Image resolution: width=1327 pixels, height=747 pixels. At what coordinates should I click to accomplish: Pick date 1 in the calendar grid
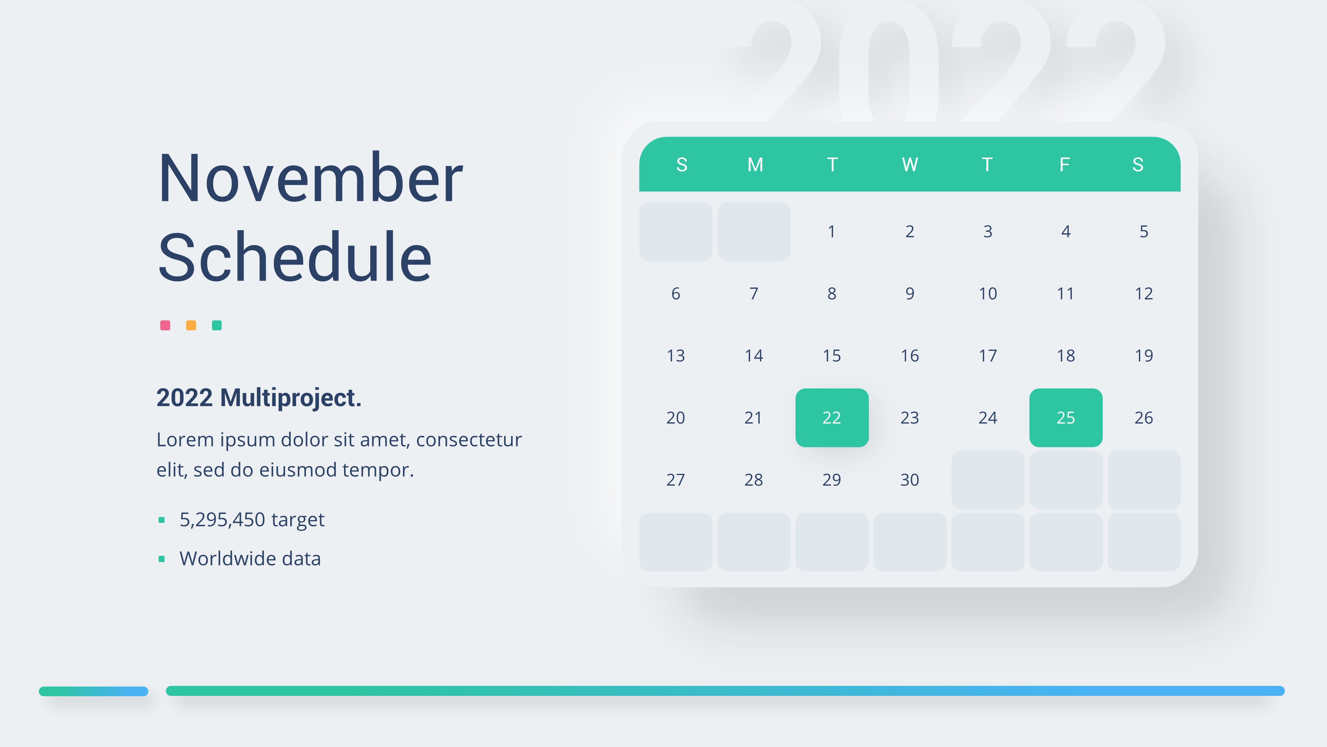(831, 231)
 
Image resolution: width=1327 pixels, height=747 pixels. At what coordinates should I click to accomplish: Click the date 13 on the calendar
(675, 356)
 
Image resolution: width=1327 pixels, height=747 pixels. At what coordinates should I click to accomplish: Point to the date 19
(1144, 356)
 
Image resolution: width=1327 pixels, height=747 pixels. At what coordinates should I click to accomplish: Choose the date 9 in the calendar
(910, 294)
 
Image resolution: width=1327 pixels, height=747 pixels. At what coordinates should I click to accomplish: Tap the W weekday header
(910, 164)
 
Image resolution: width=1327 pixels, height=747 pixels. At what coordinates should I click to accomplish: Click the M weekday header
(755, 164)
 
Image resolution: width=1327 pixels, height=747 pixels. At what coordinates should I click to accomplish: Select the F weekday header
(1064, 164)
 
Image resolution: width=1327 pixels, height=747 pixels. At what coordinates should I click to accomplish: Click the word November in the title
(311, 178)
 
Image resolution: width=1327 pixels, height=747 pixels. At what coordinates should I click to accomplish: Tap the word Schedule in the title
(295, 257)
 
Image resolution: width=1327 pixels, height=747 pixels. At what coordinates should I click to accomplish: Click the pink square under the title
(165, 325)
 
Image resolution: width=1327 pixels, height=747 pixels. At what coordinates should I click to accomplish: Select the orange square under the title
(191, 325)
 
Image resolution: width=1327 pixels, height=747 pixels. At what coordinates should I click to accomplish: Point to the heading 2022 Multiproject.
(259, 397)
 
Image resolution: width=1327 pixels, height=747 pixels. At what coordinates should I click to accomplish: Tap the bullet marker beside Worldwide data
(161, 559)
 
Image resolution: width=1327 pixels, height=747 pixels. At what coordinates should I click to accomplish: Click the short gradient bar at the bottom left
(93, 691)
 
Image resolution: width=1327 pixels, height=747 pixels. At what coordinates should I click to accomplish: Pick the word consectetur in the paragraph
(469, 440)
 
